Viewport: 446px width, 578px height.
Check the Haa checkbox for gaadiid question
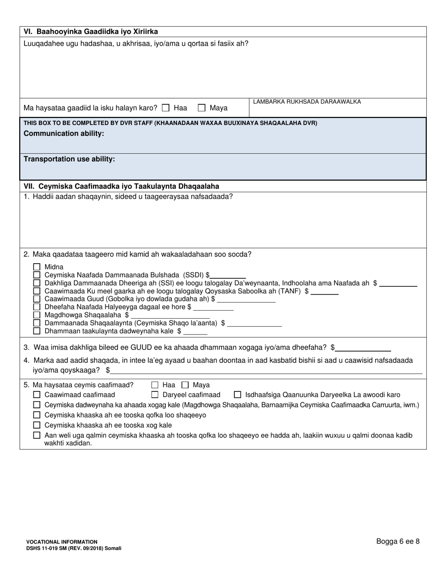pos(165,108)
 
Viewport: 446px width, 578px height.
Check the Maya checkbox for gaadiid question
pos(202,108)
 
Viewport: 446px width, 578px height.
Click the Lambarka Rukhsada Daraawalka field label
pos(307,102)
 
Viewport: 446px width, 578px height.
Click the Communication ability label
pos(64,133)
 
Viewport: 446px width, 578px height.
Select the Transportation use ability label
pos(69,159)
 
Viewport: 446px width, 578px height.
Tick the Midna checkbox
pos(37,267)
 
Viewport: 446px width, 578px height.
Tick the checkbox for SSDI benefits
pos(37,275)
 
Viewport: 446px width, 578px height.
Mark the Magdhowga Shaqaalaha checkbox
pos(37,315)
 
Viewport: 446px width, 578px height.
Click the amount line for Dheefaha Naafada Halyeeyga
pos(213,308)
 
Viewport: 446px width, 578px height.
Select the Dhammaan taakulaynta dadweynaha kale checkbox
pos(37,331)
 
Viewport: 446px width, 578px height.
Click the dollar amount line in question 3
pos(363,348)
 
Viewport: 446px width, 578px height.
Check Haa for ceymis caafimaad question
pos(155,385)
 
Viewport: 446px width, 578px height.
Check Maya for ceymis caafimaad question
pos(185,385)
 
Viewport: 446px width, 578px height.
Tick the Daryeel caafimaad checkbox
pos(155,395)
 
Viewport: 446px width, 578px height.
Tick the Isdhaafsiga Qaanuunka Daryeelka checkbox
pos(238,395)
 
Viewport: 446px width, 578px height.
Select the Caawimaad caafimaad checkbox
pos(37,395)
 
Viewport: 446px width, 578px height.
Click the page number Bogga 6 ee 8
pos(398,541)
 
